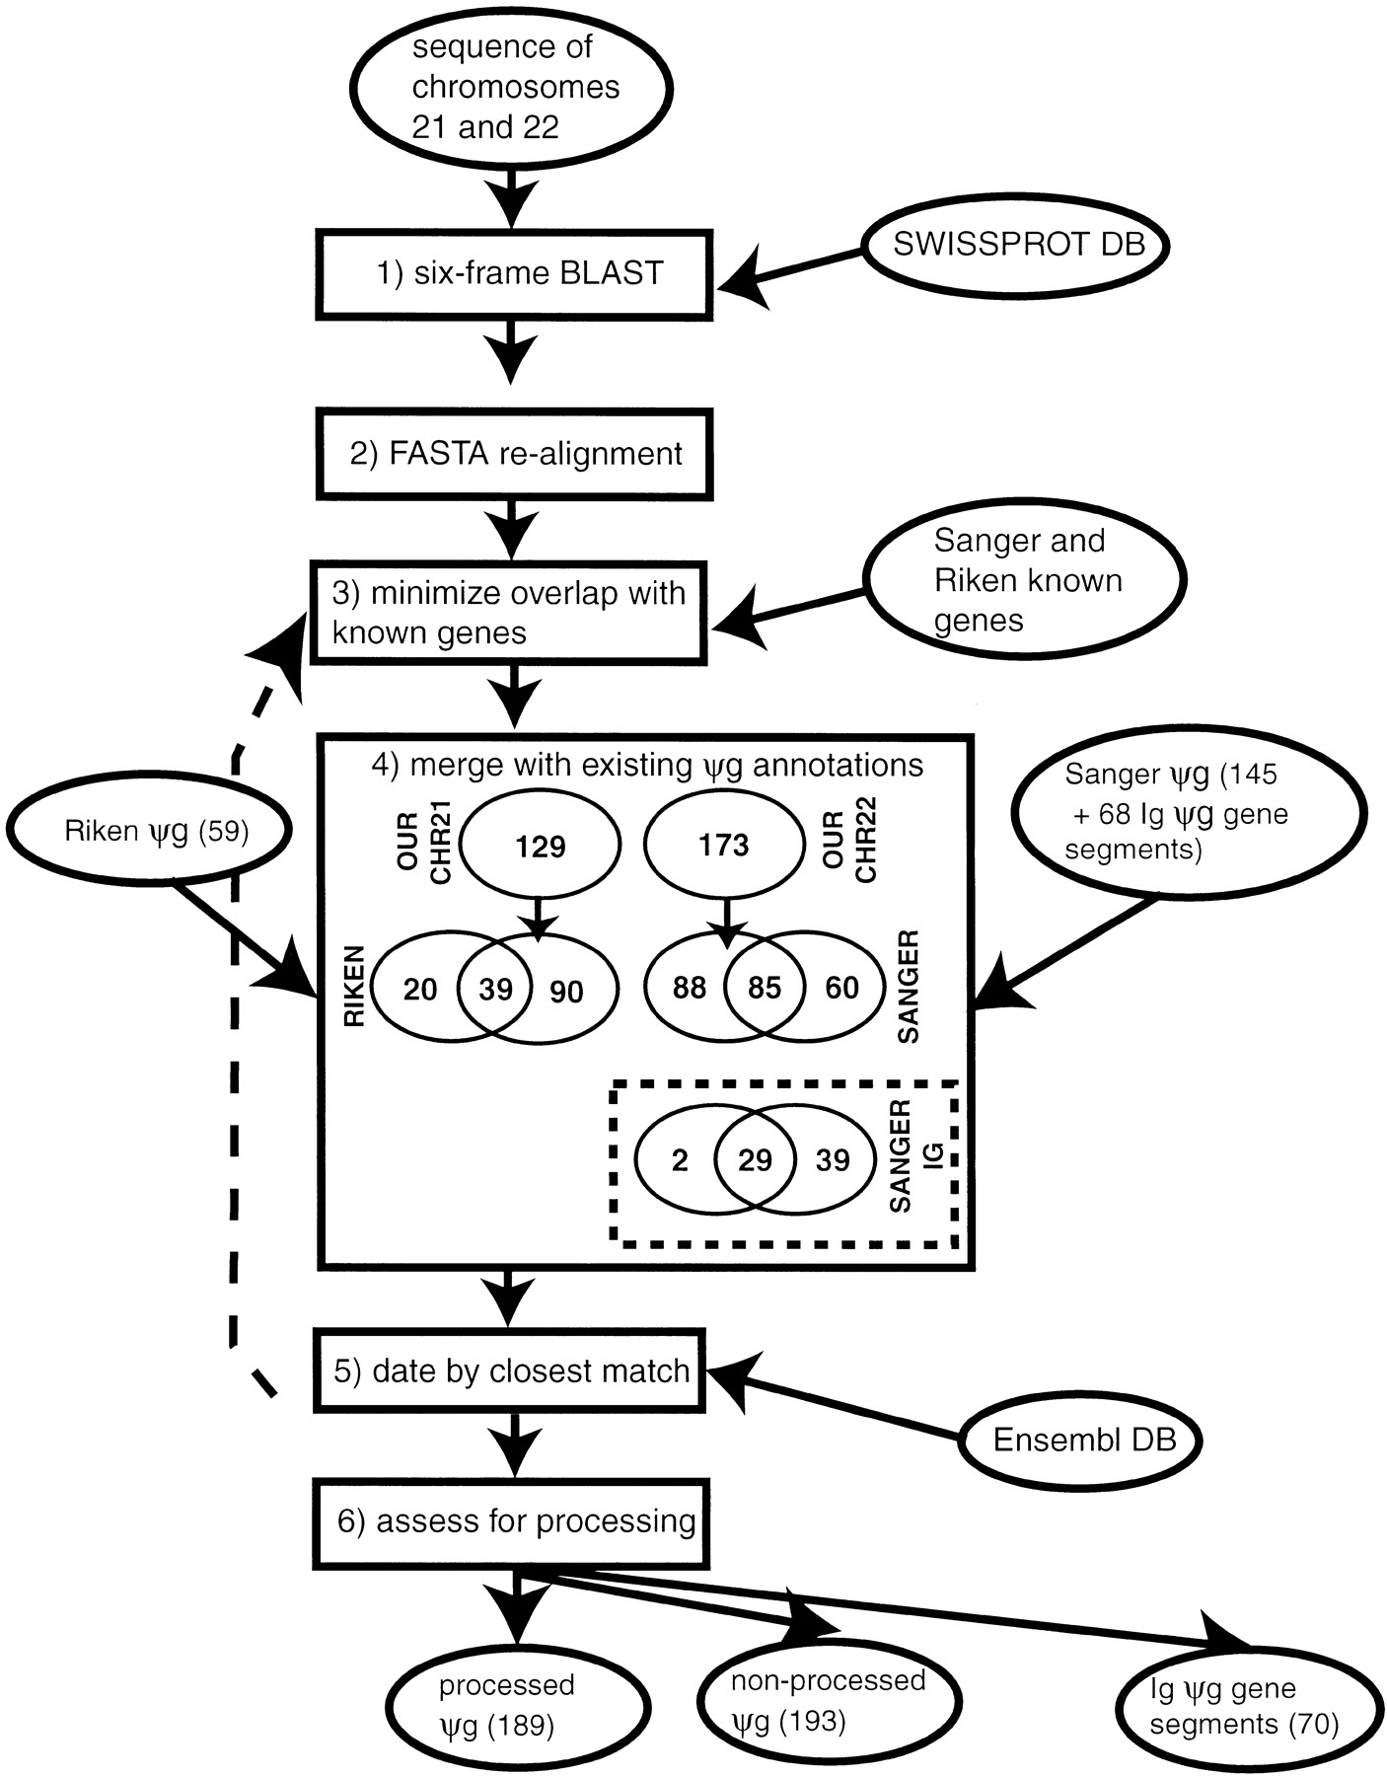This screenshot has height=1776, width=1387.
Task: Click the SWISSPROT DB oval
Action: (x=1017, y=245)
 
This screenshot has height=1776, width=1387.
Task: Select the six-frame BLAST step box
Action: (x=514, y=274)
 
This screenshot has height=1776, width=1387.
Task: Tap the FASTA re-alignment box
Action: (x=514, y=454)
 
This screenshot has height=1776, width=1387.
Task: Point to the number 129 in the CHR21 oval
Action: (x=541, y=846)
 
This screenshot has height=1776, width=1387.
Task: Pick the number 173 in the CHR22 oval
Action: (x=723, y=845)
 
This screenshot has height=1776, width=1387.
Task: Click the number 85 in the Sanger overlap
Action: (x=765, y=988)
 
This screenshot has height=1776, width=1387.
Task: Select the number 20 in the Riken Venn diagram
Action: (x=420, y=989)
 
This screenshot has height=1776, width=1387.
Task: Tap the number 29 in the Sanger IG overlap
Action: (x=755, y=1160)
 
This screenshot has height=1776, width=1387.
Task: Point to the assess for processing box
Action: (x=512, y=1521)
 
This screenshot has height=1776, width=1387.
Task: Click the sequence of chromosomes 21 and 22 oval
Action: (x=514, y=88)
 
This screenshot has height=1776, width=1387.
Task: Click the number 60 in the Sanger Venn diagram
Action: (x=841, y=988)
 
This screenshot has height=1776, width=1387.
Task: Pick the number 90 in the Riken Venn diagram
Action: (x=566, y=991)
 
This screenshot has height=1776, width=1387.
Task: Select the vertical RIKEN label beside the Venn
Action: (x=356, y=987)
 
